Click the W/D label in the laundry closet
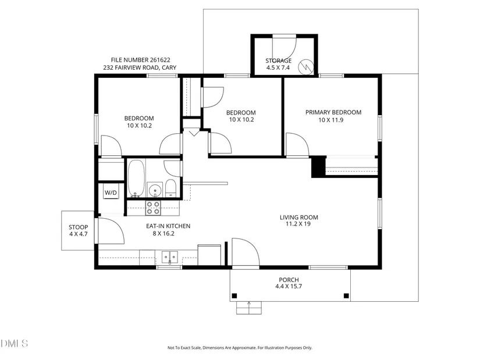tap(111, 193)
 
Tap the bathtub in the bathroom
tap(136, 179)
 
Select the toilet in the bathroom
tap(170, 188)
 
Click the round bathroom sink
tap(155, 190)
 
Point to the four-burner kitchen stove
tap(153, 208)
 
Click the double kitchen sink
tap(169, 257)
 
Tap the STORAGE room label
tap(278, 60)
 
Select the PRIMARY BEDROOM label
tap(333, 112)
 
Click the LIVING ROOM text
tap(299, 218)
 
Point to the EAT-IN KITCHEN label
tap(168, 226)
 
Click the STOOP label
tap(79, 227)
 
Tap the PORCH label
tap(289, 280)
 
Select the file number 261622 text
tap(141, 60)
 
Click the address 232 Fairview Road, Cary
tap(140, 67)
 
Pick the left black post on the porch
tap(234, 295)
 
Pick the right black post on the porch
tap(346, 295)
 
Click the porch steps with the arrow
tap(249, 308)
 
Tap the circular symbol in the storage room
tap(306, 66)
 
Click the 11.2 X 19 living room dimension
tap(298, 224)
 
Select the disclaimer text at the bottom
tap(240, 348)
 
